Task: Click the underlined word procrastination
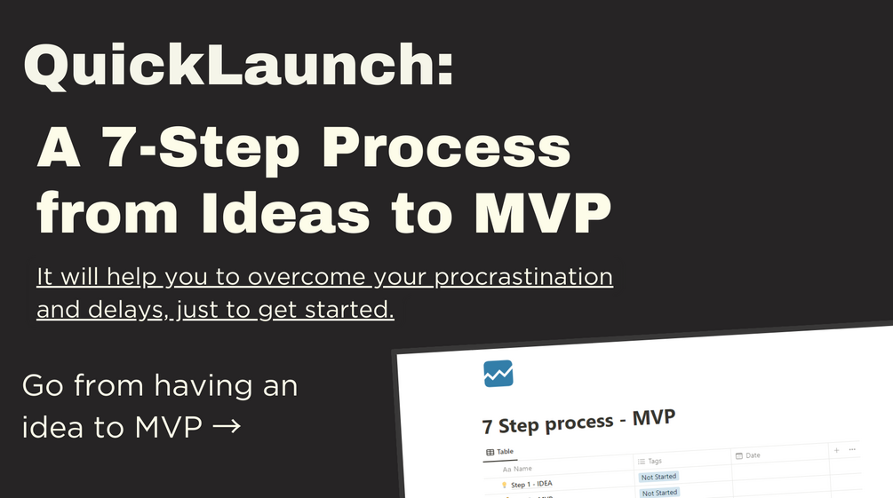522,276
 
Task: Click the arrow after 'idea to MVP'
227,427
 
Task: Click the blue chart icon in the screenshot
498,373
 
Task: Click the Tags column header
654,461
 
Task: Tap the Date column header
752,455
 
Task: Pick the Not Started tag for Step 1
659,477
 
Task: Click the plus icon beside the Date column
836,450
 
